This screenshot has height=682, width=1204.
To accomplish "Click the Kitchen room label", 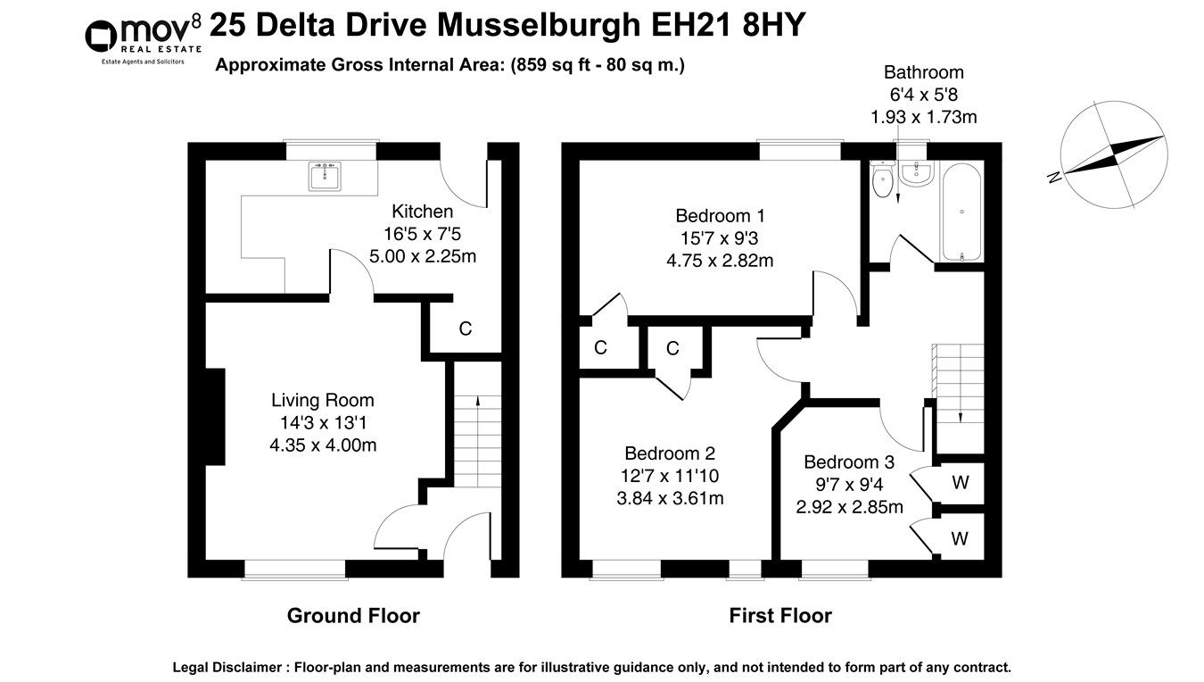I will point(423,212).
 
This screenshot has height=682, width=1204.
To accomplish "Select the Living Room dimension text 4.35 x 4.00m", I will point(323,444).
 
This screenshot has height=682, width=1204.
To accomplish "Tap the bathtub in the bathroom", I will point(961,212).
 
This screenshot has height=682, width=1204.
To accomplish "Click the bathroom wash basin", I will point(916,173).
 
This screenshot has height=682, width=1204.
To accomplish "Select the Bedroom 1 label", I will point(720,215).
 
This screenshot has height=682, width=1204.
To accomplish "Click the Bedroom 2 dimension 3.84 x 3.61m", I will point(669,498).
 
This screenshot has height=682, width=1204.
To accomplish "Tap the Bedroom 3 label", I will point(848,462).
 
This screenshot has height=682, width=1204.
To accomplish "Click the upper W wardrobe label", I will point(960,483).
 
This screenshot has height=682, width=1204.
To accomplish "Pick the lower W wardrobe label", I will point(960,538).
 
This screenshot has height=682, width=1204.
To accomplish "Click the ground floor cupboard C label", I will point(465,329).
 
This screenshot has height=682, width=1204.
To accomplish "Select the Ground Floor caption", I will point(352,615).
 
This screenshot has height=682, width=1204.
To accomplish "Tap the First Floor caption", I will point(779,615).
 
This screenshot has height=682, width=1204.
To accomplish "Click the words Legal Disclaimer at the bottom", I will point(229,667).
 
